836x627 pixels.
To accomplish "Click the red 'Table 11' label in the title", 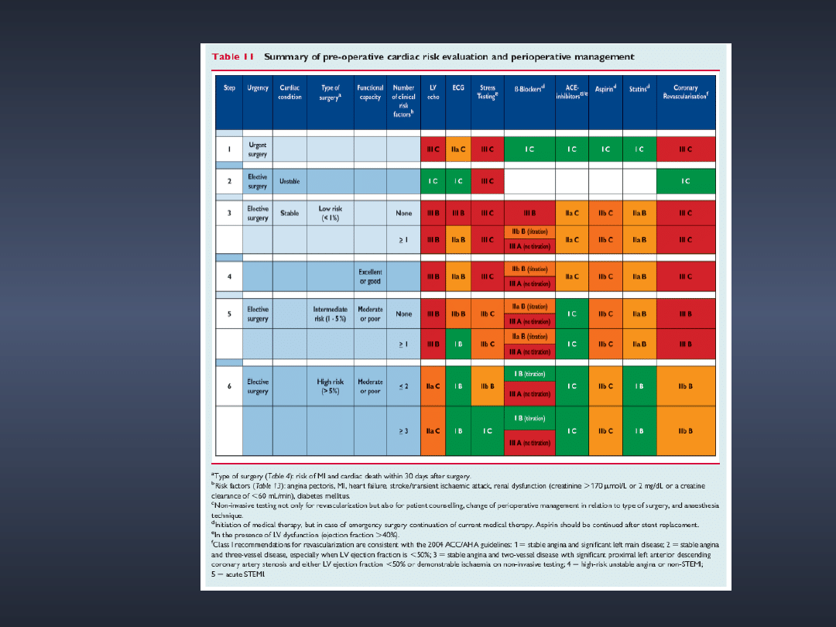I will tap(233, 57).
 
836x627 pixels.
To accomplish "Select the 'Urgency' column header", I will tap(258, 88).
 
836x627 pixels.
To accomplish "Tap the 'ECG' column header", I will tap(458, 88).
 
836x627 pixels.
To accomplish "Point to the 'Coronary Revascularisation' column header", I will tap(685, 92).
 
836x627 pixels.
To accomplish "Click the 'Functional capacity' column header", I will tap(370, 92).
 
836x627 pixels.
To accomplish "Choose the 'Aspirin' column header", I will tap(605, 88).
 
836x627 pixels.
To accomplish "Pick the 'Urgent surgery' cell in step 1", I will tap(258, 149).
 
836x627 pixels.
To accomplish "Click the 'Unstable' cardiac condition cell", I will tap(290, 181).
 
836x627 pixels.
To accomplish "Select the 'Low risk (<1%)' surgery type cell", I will tap(330, 213).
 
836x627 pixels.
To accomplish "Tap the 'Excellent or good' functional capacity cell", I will tap(370, 276).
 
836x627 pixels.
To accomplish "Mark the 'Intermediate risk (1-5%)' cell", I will tap(330, 313).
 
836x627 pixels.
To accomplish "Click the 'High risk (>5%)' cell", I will tap(330, 385).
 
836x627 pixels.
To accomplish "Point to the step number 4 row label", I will tap(229, 276).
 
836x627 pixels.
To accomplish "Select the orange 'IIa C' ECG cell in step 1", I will tap(458, 149).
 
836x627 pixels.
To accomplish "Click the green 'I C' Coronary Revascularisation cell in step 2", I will tap(685, 181).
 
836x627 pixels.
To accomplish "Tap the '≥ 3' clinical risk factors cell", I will tap(403, 430).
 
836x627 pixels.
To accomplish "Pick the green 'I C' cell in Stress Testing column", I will tap(488, 430).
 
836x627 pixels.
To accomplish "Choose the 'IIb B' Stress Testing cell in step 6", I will tap(488, 385).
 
